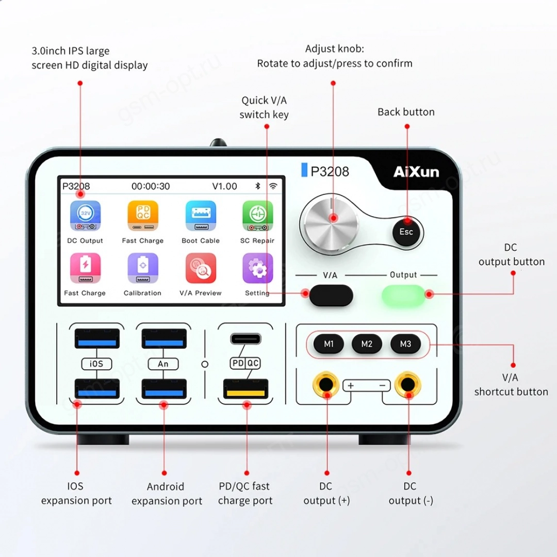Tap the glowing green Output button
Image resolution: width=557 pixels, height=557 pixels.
click(x=403, y=296)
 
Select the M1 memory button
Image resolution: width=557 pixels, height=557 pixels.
click(x=329, y=344)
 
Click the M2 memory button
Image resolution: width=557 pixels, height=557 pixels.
click(x=367, y=344)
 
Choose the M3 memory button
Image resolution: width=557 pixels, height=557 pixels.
click(x=405, y=344)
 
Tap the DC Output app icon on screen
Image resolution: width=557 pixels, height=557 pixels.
click(x=85, y=216)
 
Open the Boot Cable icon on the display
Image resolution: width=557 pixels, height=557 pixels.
click(x=201, y=216)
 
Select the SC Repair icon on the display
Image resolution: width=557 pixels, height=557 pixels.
click(x=257, y=216)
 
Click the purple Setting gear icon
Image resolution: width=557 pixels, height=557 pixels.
click(x=257, y=268)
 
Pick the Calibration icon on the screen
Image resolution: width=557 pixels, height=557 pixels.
click(x=143, y=268)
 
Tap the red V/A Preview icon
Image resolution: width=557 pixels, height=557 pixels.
click(x=201, y=268)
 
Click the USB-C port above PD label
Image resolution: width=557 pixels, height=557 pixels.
click(x=246, y=339)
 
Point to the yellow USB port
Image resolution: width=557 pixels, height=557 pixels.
click(x=246, y=389)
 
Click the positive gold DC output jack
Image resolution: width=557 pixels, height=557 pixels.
click(x=326, y=384)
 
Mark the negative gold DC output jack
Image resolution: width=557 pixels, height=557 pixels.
click(x=408, y=384)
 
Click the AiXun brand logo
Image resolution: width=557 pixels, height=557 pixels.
click(x=416, y=172)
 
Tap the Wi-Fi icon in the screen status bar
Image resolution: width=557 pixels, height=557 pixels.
click(x=273, y=186)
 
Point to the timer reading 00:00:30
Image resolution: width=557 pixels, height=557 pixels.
click(x=151, y=186)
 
